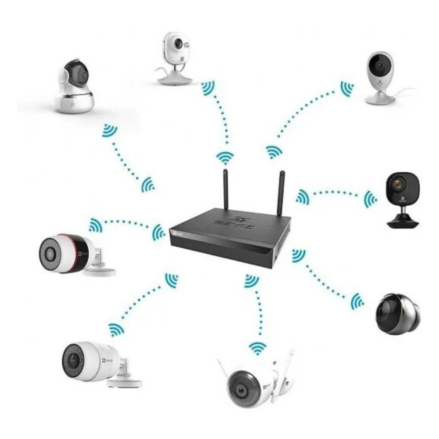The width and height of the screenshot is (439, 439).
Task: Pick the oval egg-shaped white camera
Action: point(380,77)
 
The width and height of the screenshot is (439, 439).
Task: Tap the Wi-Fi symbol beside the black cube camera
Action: point(370,199)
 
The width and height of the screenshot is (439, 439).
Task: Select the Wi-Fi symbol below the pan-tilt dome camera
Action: point(109,130)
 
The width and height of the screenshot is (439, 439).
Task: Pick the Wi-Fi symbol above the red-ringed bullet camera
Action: point(96,225)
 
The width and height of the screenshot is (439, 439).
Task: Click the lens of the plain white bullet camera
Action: point(73,359)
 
